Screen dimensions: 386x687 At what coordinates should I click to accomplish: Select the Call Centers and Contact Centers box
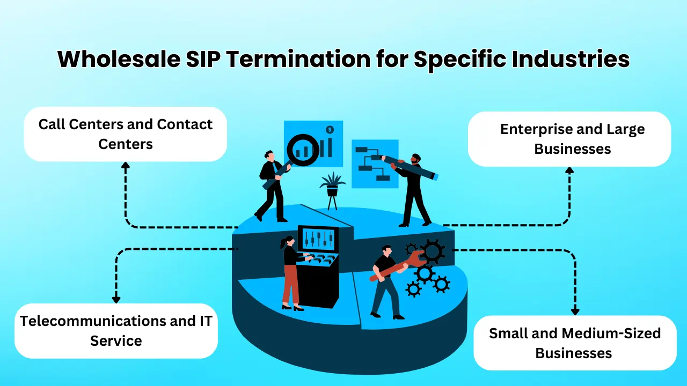coord(126,134)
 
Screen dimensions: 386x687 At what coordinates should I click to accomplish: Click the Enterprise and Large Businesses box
coord(569,139)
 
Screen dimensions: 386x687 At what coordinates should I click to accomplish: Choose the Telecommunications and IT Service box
coord(116,331)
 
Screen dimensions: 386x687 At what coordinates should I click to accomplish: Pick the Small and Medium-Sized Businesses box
coord(574,343)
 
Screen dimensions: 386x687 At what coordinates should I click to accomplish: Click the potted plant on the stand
coord(332,185)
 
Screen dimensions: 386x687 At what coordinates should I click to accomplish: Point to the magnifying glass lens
coord(302,150)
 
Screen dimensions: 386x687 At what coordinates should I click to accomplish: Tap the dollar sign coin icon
coord(330,130)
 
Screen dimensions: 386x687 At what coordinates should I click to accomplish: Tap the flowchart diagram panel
coord(374,164)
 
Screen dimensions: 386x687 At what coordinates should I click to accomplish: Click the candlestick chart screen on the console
coord(318,239)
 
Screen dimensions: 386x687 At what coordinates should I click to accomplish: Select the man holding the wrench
coord(385,281)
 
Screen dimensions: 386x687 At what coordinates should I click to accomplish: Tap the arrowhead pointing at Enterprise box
coord(569,170)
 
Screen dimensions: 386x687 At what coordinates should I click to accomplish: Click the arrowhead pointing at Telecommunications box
coord(116,300)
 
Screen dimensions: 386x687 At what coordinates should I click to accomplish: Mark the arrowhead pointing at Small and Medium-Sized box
coord(575,311)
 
